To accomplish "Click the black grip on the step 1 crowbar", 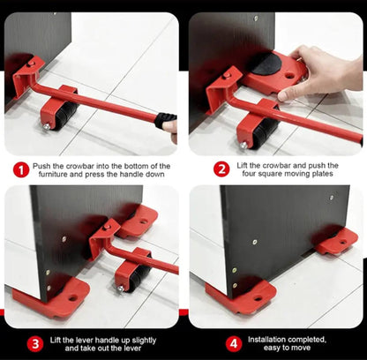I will pyautogui.click(x=165, y=121).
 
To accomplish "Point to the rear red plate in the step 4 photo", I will pyautogui.click(x=337, y=242).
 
